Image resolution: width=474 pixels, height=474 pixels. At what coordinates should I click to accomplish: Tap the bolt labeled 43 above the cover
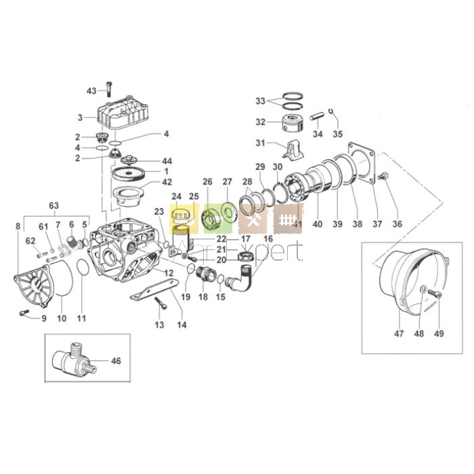click(x=109, y=89)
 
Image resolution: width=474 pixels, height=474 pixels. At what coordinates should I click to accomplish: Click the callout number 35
click(x=337, y=133)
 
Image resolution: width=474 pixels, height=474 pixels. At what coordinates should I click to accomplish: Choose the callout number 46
click(x=116, y=361)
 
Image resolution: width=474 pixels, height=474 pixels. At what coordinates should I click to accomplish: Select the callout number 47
click(x=398, y=332)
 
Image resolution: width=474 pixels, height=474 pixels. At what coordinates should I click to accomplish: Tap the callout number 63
click(x=53, y=205)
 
